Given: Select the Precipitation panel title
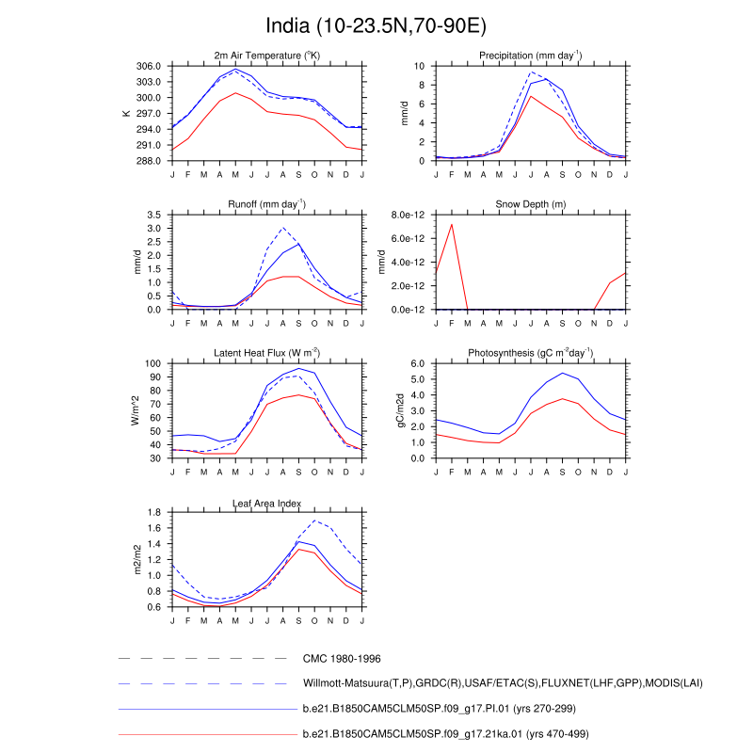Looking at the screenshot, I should coord(531,56).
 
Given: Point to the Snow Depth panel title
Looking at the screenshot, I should coord(531,205).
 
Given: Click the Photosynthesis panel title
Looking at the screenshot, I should coord(531,353).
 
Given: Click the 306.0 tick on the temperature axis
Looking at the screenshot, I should coord(149,67).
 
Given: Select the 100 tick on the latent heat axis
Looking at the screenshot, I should coord(154,363).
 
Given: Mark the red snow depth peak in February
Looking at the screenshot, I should coord(453,224).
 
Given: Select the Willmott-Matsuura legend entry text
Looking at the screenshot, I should coord(503,683).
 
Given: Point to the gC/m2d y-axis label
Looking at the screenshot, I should coord(401,410).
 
